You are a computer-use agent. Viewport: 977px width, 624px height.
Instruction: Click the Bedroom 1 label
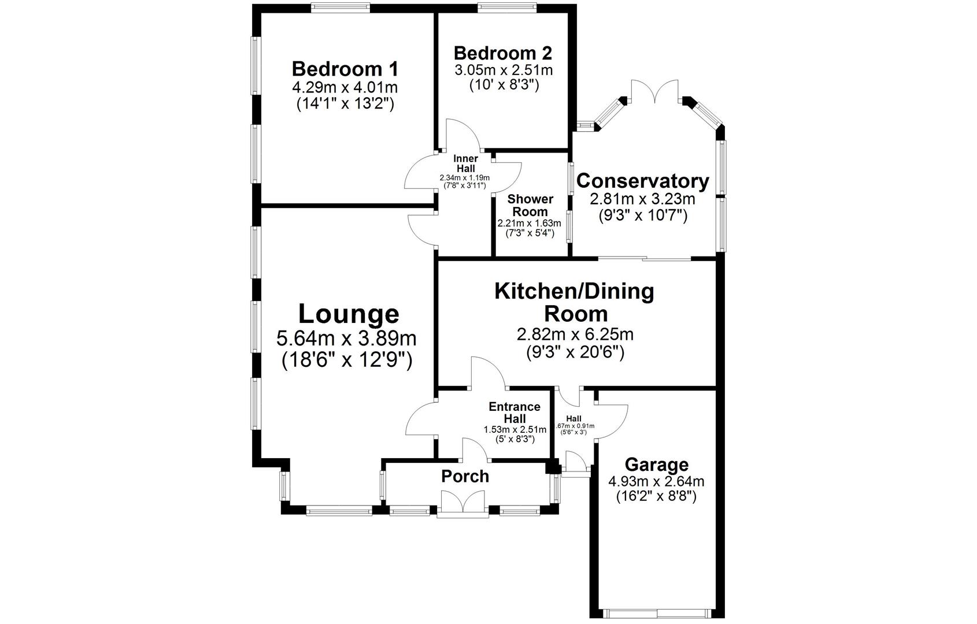[345, 69]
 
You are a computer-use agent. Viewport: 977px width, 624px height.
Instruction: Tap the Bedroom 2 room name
[502, 53]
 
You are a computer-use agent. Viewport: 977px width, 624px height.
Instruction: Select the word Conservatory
[642, 181]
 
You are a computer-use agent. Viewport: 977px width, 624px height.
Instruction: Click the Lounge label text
[349, 314]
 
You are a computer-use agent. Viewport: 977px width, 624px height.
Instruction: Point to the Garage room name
[656, 465]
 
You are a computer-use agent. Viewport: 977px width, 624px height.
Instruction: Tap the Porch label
[465, 476]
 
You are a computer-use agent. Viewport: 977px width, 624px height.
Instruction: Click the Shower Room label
[530, 205]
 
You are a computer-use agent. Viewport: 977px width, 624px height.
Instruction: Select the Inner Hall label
[465, 164]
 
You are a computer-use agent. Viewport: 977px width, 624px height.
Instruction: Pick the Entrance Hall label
[514, 412]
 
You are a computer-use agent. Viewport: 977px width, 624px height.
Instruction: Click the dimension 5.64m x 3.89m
[347, 338]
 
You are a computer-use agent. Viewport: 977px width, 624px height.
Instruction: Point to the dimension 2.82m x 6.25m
[575, 335]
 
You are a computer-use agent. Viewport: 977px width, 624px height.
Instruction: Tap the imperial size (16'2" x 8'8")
[656, 496]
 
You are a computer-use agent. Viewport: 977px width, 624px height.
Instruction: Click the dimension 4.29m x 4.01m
[345, 88]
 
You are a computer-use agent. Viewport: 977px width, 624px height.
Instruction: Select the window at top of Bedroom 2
[507, 7]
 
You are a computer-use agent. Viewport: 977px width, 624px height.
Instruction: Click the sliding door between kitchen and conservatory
[645, 258]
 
